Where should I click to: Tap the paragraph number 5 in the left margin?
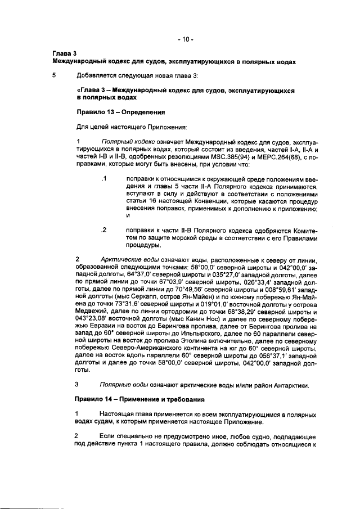point(54,75)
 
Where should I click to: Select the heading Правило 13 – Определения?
point(111,111)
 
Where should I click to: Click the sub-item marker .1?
point(103,179)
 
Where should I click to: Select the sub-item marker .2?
point(103,229)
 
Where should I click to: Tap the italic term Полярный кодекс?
point(124,142)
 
